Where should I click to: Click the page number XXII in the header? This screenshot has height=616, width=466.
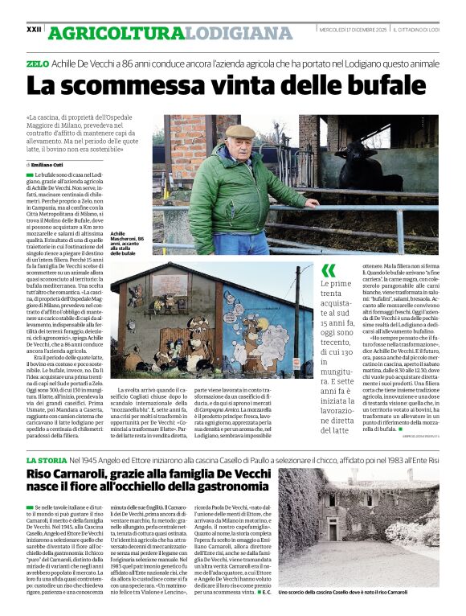click(34, 29)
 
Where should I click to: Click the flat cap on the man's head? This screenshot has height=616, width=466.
click(239, 131)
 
